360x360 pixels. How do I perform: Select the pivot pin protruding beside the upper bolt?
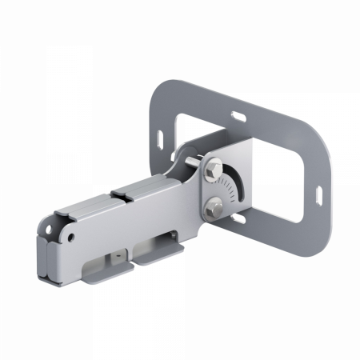(x=194, y=166)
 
